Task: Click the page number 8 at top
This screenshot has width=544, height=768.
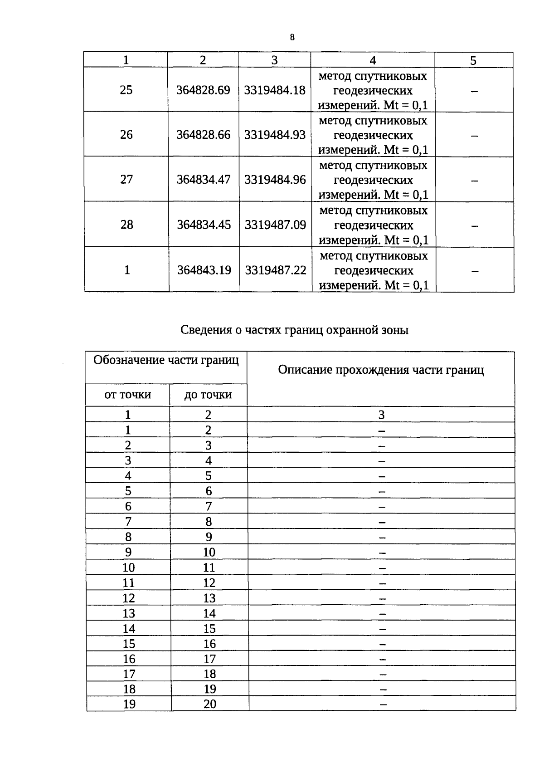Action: [292, 38]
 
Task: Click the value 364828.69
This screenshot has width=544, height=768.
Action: [203, 90]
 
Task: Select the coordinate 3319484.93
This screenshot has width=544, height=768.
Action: [275, 135]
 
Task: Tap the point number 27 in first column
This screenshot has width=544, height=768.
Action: [126, 180]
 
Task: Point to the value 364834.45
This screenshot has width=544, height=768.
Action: [204, 225]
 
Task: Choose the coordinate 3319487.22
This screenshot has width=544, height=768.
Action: [276, 270]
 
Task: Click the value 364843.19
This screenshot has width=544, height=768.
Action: [204, 270]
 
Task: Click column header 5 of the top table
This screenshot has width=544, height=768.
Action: [473, 60]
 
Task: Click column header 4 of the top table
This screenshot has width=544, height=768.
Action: [373, 60]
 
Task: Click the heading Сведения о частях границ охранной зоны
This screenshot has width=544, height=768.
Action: [294, 330]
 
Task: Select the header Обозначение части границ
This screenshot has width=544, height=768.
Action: [166, 360]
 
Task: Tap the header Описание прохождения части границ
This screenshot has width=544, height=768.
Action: [381, 370]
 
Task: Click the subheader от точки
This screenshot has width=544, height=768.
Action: [127, 395]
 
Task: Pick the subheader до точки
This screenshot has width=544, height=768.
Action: [208, 395]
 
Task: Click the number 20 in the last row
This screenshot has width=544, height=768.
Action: [210, 704]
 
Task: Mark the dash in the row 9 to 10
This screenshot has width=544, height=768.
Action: [382, 553]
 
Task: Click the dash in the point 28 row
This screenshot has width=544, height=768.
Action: [475, 225]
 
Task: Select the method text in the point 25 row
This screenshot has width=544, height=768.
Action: [373, 90]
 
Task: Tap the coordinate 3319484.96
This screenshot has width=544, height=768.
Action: [275, 180]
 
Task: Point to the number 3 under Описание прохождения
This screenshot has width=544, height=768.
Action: [381, 415]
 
